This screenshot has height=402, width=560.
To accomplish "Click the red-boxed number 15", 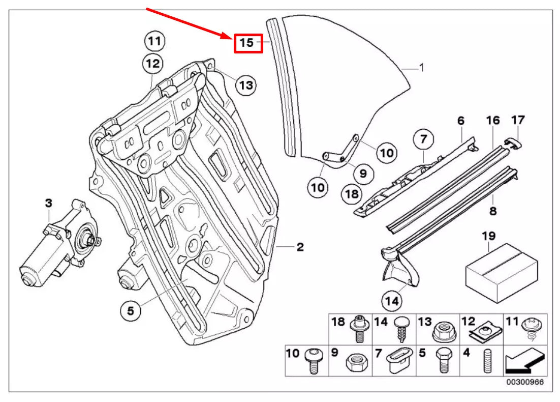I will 247,43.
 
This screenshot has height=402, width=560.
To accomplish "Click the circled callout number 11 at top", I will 154,40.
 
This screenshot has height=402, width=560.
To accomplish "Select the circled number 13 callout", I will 246,85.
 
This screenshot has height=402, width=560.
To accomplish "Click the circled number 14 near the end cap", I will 392,301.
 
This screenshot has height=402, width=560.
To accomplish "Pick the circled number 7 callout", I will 424,138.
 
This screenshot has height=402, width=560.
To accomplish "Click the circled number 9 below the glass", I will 363,174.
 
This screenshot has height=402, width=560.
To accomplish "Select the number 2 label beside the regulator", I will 300,247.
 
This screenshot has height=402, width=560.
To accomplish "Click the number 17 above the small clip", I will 518,121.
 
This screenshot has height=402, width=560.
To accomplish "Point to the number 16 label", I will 493,121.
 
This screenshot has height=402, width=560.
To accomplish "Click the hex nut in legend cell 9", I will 353,362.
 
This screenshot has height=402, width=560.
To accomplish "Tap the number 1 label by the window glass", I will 421,67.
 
